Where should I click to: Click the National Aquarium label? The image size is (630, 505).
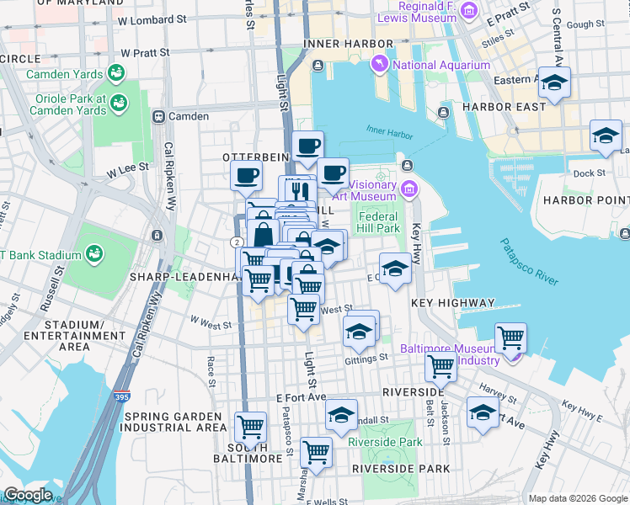coord(441,65)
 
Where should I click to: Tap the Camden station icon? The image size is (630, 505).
coord(157,116)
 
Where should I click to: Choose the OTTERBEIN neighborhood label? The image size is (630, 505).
coord(256,157)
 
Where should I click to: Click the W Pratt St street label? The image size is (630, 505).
coord(145,52)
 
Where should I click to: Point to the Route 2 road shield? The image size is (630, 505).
coord(237,242)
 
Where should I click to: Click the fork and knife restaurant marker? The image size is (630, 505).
coord(295,189)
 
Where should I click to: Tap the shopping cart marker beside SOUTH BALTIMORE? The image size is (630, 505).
coord(251,427)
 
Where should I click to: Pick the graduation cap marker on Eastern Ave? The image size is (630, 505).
coord(554,82)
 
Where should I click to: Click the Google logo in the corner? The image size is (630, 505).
coord(28,495)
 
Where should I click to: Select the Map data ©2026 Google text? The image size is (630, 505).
coord(578,497)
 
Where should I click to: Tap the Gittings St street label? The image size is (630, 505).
coord(366,358)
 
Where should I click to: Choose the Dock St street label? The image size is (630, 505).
coord(589,173)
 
